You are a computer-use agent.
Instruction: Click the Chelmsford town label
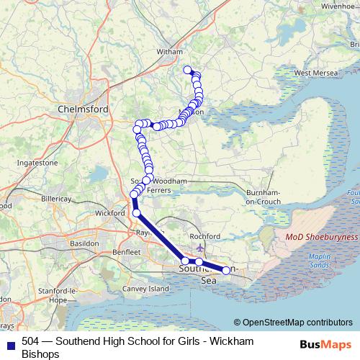(82, 109)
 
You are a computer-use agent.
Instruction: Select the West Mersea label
(311, 73)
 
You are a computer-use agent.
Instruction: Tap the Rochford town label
(202, 235)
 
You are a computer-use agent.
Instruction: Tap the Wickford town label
(110, 214)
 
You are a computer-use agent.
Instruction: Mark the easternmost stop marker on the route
(226, 270)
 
